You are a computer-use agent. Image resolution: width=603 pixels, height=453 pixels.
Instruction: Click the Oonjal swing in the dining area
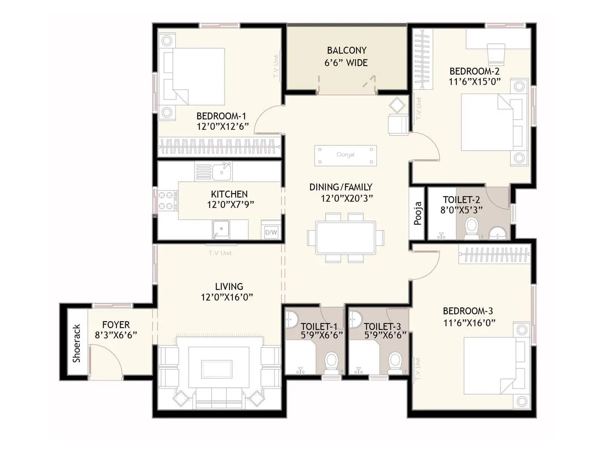coord(345,155)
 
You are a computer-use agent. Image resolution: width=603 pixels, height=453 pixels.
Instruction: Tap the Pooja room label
coord(418,213)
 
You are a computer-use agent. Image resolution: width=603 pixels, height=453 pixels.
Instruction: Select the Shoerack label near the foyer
coord(77,343)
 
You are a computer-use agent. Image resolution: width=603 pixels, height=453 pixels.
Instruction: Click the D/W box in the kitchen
coord(271,232)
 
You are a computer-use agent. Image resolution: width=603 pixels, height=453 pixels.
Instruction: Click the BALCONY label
coord(346,51)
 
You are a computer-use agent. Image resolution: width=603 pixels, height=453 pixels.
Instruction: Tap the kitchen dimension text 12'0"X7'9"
coord(230,205)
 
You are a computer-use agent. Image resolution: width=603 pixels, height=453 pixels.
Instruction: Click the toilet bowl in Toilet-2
coord(471,228)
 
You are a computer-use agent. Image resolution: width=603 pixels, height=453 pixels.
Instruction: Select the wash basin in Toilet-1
coord(291,319)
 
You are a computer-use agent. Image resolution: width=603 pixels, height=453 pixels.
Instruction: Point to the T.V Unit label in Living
coord(220,253)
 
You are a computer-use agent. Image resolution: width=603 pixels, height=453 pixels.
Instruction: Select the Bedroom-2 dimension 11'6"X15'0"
coord(474,82)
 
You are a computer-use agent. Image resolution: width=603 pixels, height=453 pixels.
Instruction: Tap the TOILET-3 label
coord(382,326)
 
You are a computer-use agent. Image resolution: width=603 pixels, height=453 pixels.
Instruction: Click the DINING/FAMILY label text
coord(341,187)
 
